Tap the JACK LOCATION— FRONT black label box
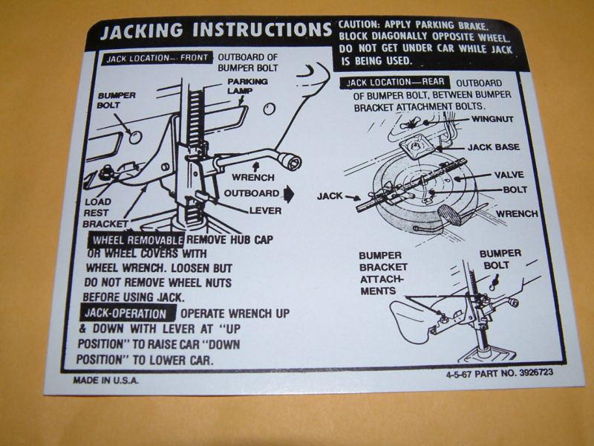(x=157, y=58)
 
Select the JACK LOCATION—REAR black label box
(x=395, y=83)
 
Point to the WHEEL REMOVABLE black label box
(x=137, y=239)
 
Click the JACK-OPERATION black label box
(x=128, y=313)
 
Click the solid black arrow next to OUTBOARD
(x=289, y=194)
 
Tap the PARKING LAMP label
(x=247, y=86)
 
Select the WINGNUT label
(x=492, y=119)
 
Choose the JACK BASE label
(x=493, y=147)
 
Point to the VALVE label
(x=509, y=175)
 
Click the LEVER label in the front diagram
(x=265, y=211)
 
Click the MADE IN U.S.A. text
(x=105, y=381)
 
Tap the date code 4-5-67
(x=458, y=375)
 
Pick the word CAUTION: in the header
(x=359, y=25)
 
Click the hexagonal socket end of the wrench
(x=293, y=164)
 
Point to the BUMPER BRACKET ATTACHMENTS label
(x=383, y=274)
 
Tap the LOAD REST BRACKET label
(x=105, y=213)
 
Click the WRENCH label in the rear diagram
(x=517, y=214)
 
